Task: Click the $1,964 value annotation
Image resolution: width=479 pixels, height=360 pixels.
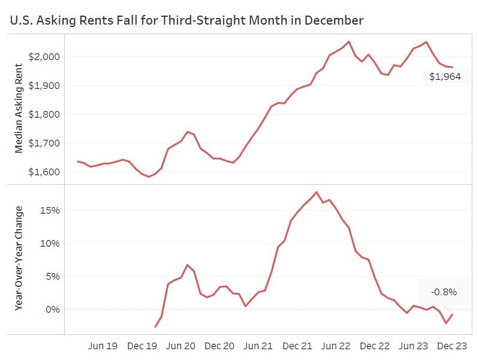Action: click(x=445, y=77)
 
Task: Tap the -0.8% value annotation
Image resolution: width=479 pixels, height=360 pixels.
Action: click(x=444, y=292)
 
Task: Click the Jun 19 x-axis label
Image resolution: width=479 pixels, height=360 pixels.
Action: click(x=102, y=346)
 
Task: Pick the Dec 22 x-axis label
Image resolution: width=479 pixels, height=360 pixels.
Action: click(x=375, y=346)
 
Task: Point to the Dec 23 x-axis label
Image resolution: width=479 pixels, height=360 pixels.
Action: click(x=453, y=346)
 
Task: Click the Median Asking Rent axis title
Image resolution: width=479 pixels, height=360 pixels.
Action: click(x=19, y=110)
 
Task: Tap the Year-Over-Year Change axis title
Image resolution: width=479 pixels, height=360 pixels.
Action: click(x=19, y=258)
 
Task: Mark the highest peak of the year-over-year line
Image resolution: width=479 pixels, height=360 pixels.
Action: click(x=317, y=193)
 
